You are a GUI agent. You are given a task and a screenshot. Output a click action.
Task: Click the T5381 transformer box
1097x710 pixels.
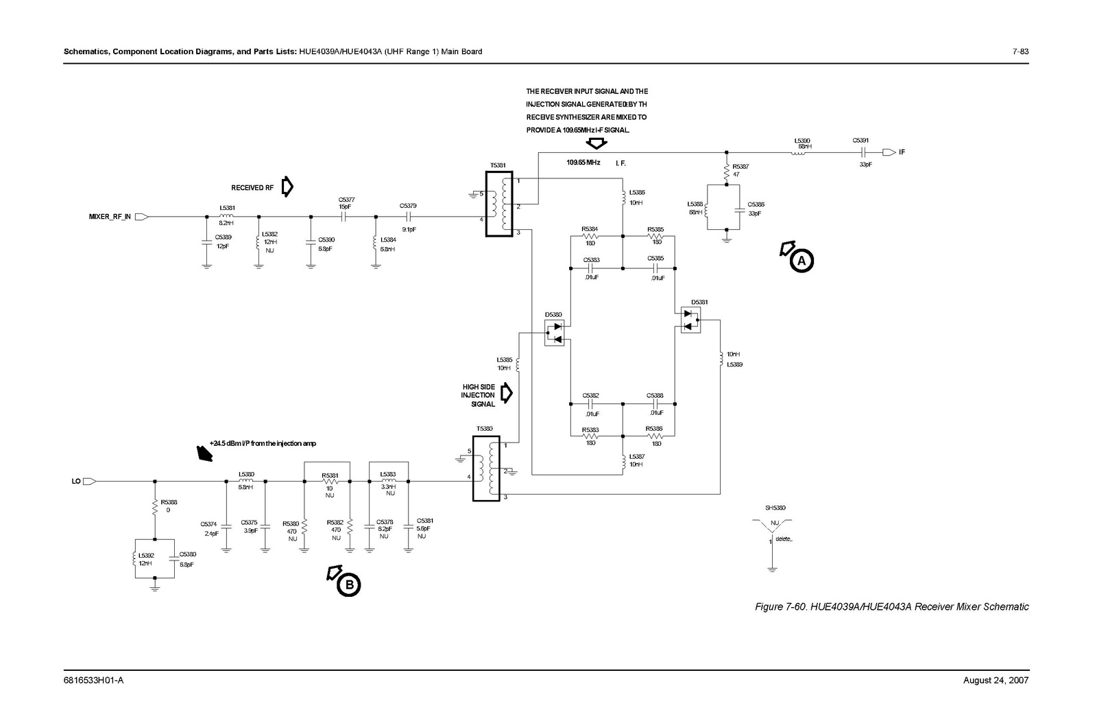tap(498, 204)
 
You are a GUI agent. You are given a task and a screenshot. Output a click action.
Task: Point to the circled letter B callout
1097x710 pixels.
tap(348, 584)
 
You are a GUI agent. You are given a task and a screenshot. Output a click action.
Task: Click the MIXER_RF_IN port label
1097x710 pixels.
tap(110, 217)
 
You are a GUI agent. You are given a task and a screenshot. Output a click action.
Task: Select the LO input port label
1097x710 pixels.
tap(77, 481)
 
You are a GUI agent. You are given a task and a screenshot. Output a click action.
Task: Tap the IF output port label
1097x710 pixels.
tap(902, 152)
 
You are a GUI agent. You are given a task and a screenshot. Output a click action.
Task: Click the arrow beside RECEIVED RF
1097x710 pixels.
tap(287, 187)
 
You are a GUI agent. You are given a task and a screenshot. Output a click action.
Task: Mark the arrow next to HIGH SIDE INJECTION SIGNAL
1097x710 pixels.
tap(507, 393)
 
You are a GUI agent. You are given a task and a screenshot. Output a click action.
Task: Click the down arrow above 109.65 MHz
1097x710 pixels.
tap(596, 143)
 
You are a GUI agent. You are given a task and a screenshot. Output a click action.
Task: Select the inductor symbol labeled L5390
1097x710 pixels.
tap(799, 152)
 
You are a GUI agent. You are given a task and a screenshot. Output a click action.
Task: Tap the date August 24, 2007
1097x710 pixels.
tap(996, 681)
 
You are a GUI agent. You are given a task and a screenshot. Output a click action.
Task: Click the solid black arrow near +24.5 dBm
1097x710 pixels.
tap(204, 453)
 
